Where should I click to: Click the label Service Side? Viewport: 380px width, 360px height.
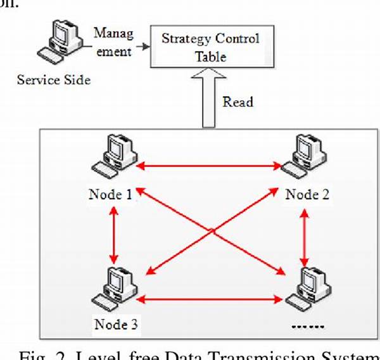[x=53, y=80]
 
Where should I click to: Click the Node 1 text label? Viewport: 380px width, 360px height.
[x=110, y=195]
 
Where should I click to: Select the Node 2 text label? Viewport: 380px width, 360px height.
[x=307, y=195]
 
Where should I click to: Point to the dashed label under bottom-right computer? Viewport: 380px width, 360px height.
[x=306, y=326]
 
